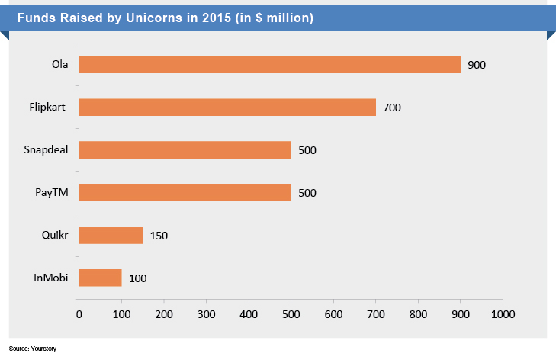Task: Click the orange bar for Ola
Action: click(x=269, y=65)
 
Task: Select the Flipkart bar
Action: click(x=227, y=108)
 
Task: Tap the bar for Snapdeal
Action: click(x=185, y=149)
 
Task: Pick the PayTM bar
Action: click(x=185, y=192)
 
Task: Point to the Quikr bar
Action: click(x=111, y=235)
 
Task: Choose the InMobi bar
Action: click(x=100, y=278)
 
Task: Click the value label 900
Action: click(x=477, y=66)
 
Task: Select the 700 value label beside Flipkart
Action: click(x=392, y=108)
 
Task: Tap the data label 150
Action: click(x=159, y=236)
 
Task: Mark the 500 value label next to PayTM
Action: click(x=307, y=193)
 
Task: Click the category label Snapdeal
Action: click(x=47, y=149)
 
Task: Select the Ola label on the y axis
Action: click(x=59, y=65)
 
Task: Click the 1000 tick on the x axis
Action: click(x=502, y=313)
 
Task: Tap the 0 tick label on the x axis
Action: click(x=79, y=313)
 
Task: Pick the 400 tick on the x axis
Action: click(x=248, y=313)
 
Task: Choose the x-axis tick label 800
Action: click(x=417, y=313)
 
